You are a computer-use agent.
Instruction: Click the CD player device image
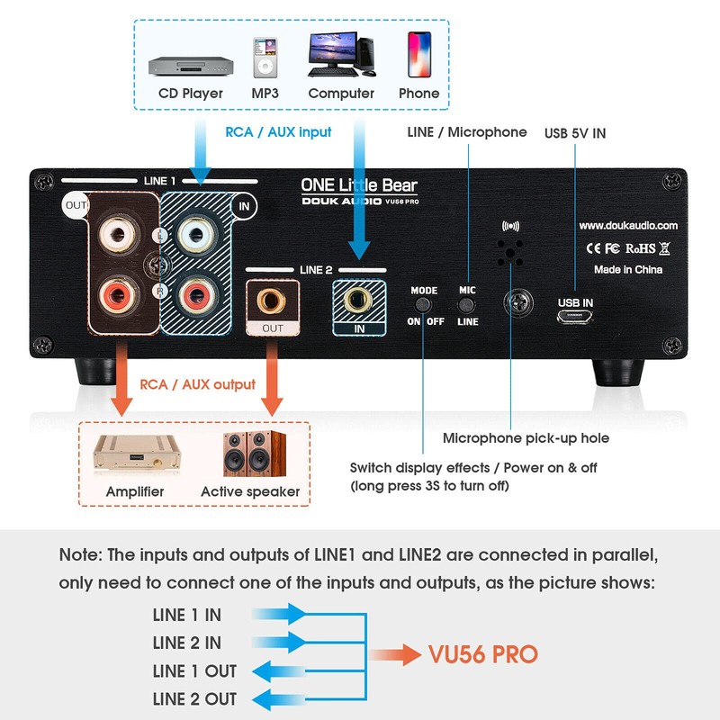[191, 66]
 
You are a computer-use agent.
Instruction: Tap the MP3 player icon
[265, 58]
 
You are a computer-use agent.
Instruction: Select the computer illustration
[342, 54]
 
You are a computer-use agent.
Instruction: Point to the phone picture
[419, 54]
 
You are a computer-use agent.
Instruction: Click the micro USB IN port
[574, 317]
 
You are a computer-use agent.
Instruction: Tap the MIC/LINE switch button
[466, 305]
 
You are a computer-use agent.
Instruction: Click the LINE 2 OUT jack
[272, 301]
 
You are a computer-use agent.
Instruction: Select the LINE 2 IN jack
[358, 300]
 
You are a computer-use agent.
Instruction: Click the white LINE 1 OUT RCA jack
[118, 235]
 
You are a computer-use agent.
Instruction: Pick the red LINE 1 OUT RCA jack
[118, 296]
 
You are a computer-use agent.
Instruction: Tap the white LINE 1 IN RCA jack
[195, 235]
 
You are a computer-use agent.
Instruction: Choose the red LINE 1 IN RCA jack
[195, 294]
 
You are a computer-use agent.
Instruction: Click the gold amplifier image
[136, 454]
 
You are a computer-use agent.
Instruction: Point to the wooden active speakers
[254, 454]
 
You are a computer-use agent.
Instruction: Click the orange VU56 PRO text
[482, 654]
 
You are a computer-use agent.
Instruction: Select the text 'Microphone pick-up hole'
[526, 438]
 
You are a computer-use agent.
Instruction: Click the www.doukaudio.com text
[628, 226]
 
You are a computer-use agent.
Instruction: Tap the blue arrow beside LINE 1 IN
[279, 614]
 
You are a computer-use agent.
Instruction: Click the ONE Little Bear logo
[358, 185]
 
